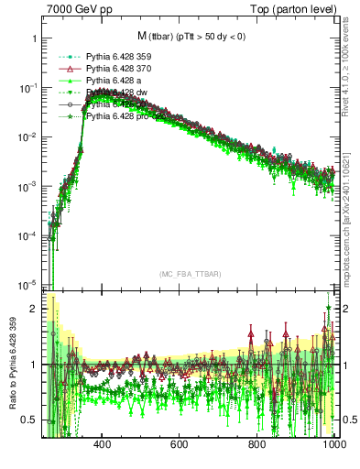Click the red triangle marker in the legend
(62, 69)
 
